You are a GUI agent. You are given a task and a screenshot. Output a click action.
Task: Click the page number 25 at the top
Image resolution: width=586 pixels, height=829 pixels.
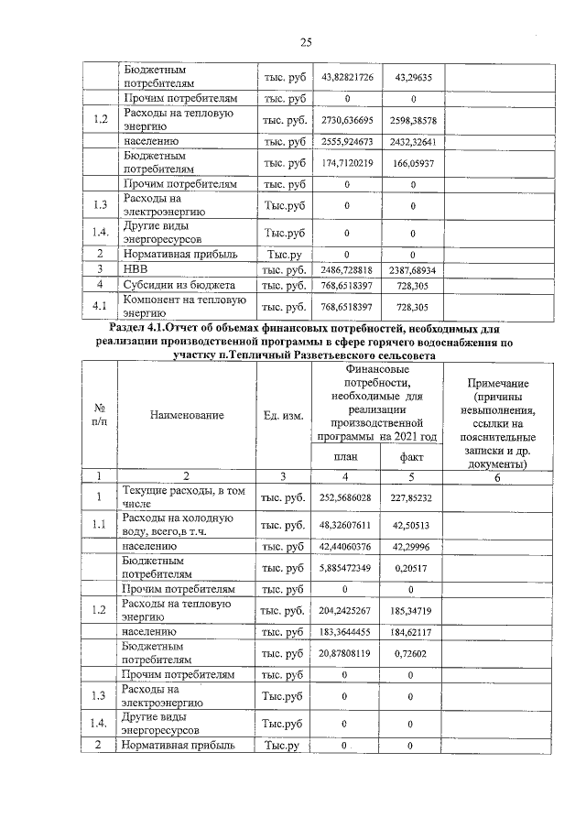coord(306,42)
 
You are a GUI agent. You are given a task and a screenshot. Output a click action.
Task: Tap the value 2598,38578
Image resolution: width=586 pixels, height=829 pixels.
coord(413,119)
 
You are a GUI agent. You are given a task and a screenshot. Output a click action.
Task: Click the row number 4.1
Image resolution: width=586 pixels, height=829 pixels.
coord(100,306)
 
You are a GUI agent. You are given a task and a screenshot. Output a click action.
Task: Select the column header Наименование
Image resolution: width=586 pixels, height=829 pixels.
coord(188,415)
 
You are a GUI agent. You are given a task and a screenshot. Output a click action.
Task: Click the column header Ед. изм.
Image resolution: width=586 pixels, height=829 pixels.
coord(283,415)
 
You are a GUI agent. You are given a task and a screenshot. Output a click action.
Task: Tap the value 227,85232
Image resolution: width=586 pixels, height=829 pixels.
coord(413,497)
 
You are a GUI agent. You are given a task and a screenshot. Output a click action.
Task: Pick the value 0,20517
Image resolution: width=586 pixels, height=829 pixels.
coord(413,567)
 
